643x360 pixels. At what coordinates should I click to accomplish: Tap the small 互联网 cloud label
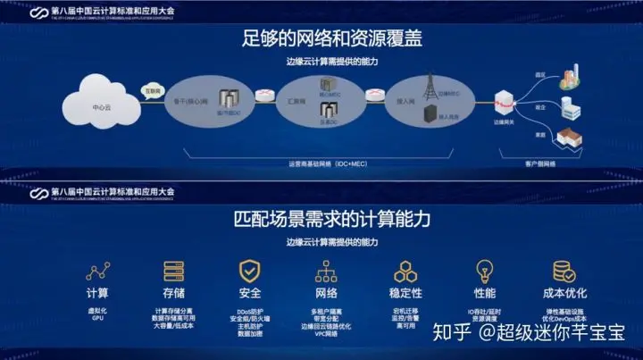(x=153, y=92)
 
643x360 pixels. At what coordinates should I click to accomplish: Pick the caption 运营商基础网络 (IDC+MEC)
(x=321, y=164)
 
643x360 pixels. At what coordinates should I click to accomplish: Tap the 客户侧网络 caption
(x=538, y=164)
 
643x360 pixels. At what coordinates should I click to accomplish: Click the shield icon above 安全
(x=250, y=272)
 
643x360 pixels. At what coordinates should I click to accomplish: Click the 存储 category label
(x=174, y=293)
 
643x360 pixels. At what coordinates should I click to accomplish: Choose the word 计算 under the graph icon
(x=97, y=293)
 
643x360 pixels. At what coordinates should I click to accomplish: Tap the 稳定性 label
(x=406, y=293)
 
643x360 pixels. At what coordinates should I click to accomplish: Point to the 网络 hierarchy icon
(x=327, y=272)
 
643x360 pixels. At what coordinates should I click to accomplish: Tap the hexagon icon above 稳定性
(x=406, y=272)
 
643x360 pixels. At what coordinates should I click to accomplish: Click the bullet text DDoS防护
(x=250, y=310)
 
